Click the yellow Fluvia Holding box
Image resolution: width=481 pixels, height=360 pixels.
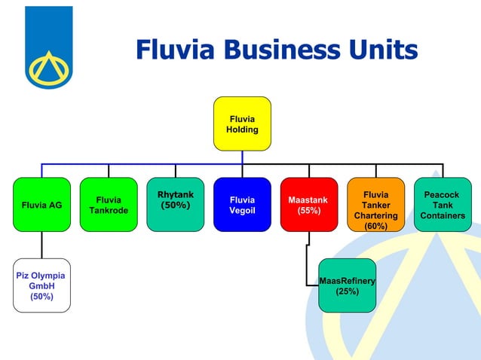(242, 124)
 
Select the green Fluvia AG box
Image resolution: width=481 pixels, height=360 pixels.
(41, 204)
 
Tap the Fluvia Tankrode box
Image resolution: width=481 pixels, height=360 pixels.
(109, 204)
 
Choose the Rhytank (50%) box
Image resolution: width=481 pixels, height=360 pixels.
(175, 204)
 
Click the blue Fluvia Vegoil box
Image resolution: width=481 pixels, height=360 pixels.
(242, 204)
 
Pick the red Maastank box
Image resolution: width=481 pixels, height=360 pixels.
(308, 204)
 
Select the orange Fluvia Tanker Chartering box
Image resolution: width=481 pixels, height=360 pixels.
(375, 204)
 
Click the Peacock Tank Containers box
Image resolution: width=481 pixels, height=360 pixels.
(443, 204)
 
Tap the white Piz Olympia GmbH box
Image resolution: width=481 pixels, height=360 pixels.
(41, 285)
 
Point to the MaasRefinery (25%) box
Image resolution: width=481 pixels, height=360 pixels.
(347, 285)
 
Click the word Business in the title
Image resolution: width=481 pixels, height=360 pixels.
(276, 50)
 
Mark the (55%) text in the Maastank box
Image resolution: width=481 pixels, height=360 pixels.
(308, 211)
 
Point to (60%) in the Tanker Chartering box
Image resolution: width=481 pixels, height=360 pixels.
(375, 226)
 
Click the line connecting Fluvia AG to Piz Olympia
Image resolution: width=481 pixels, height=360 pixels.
(41, 245)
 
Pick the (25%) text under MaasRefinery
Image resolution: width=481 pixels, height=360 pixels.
(347, 291)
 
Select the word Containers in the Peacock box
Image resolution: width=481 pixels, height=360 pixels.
(443, 216)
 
